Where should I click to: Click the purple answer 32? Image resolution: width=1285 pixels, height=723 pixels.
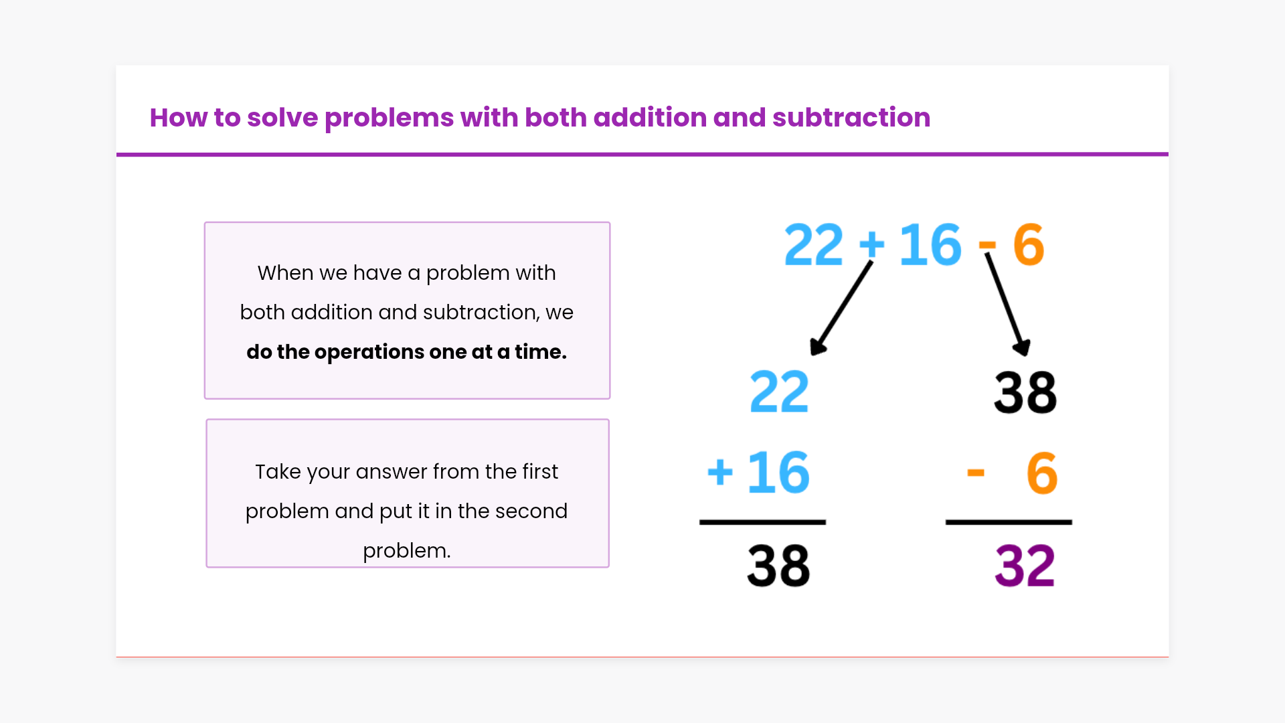(x=1025, y=566)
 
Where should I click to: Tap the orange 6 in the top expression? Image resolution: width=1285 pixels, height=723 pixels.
(x=1029, y=245)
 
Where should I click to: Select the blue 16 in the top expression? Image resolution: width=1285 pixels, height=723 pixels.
(x=930, y=245)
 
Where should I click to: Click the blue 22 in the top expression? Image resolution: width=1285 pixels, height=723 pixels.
(x=814, y=245)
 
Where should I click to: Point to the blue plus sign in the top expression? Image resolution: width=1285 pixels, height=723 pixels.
(x=871, y=244)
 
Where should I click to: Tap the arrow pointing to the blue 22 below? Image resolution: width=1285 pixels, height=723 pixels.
(x=841, y=308)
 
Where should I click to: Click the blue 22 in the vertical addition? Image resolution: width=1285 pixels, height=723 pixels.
(x=779, y=392)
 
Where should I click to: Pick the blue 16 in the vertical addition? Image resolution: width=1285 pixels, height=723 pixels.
(x=778, y=473)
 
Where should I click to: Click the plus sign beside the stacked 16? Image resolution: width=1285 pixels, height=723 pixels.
(x=720, y=472)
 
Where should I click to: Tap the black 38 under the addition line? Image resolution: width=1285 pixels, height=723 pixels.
(x=778, y=566)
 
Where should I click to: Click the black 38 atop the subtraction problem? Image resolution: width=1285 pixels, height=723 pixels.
(x=1025, y=392)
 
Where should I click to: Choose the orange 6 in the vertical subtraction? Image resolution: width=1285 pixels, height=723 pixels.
(x=1042, y=473)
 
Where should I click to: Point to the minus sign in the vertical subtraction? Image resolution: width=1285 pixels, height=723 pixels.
(x=976, y=473)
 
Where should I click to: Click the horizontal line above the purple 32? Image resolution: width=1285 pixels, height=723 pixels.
(x=1009, y=522)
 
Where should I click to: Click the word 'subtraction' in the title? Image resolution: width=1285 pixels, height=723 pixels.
(x=851, y=118)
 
